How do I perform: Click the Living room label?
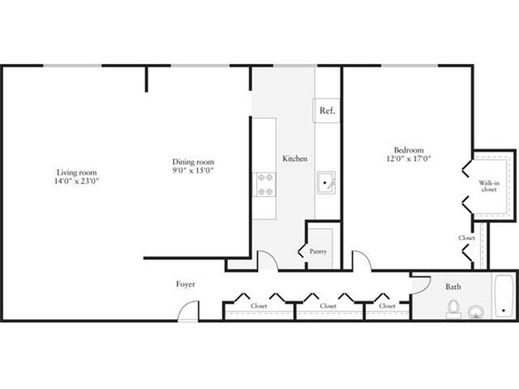click(x=77, y=172)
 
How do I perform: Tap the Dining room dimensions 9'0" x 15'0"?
click(x=193, y=171)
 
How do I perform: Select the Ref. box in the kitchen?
click(x=327, y=110)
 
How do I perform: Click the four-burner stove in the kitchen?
click(x=265, y=184)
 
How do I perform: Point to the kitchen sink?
click(x=326, y=183)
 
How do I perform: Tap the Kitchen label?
click(x=294, y=159)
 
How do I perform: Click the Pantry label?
click(x=318, y=251)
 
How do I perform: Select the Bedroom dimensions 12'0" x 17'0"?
click(x=409, y=159)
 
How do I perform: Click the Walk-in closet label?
click(x=489, y=186)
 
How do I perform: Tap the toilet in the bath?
click(x=453, y=308)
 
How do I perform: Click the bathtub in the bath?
click(x=504, y=296)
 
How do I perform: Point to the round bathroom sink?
click(x=475, y=312)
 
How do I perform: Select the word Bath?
click(x=453, y=287)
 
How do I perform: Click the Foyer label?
click(x=186, y=284)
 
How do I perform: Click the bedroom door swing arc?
click(x=362, y=260)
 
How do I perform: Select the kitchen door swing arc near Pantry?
click(x=268, y=260)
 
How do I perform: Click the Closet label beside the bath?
click(x=387, y=306)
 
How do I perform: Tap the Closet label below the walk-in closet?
click(x=466, y=238)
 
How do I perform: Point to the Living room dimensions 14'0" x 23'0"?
click(x=77, y=181)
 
